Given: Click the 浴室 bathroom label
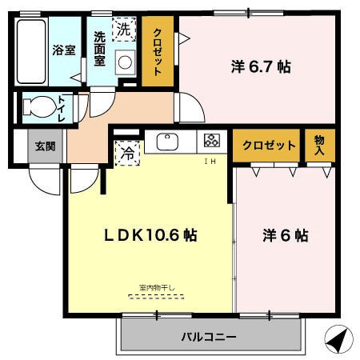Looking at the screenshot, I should (x=63, y=50).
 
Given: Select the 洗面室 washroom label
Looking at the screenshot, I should (x=100, y=50).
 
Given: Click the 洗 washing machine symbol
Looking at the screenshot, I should (x=123, y=29).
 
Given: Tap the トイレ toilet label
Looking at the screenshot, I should (x=62, y=107).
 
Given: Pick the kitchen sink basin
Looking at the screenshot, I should (x=168, y=142).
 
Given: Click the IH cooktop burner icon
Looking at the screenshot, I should (x=211, y=142).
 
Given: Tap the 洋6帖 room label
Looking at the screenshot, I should (x=285, y=236).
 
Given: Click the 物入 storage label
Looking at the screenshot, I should (x=319, y=145).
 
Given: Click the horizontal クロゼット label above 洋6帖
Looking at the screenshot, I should (x=269, y=145).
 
